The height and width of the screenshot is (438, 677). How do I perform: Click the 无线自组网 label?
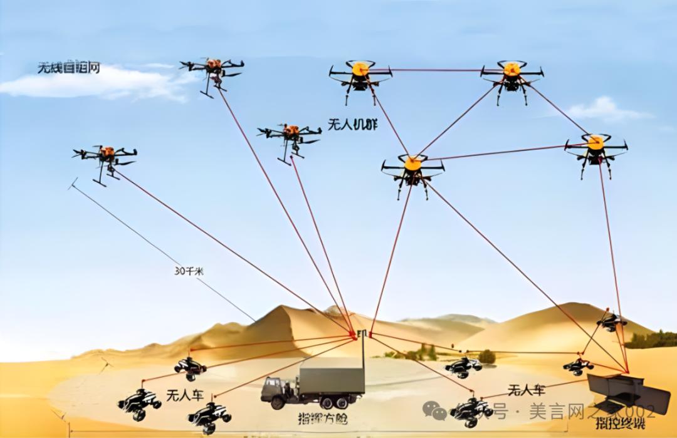68,68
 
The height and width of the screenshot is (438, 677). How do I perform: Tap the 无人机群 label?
352,124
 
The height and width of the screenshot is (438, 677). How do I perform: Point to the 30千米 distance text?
189,271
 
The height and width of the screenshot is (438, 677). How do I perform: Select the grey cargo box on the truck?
332,381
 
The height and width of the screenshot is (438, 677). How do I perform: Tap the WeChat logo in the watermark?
434,410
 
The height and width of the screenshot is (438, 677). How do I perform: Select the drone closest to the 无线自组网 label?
213,70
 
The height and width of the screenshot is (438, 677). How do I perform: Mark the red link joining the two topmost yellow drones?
436,70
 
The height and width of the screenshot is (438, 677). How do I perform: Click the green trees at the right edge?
652,340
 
